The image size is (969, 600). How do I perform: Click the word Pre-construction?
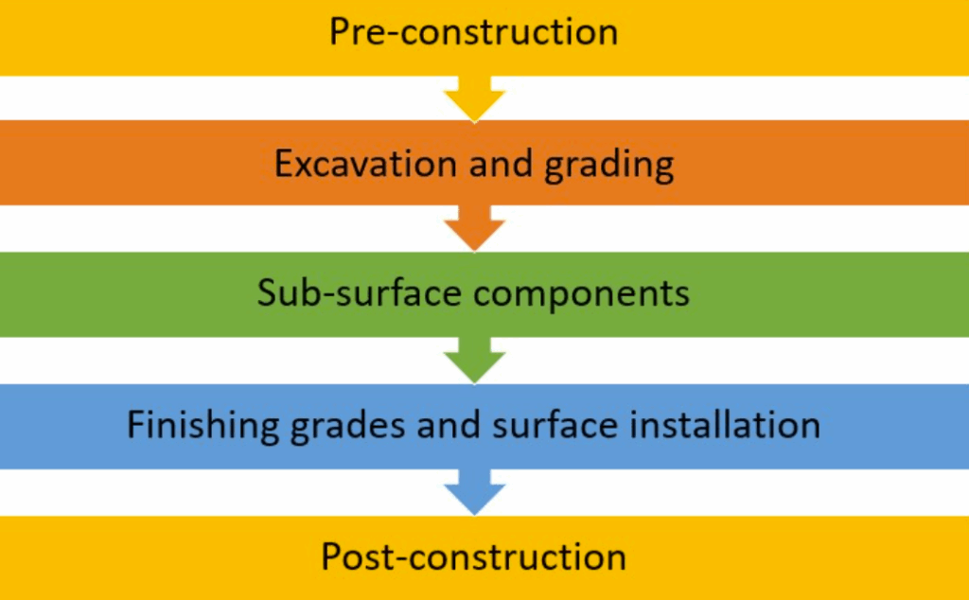coord(473,31)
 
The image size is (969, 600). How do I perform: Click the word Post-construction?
coord(473,556)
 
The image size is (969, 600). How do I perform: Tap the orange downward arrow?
coord(474,230)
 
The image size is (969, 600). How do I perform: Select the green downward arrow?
coord(474,362)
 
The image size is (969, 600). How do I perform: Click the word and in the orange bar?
coord(496,164)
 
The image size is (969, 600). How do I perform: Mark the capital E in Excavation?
coord(284,164)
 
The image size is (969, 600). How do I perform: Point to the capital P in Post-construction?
coord(331,556)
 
